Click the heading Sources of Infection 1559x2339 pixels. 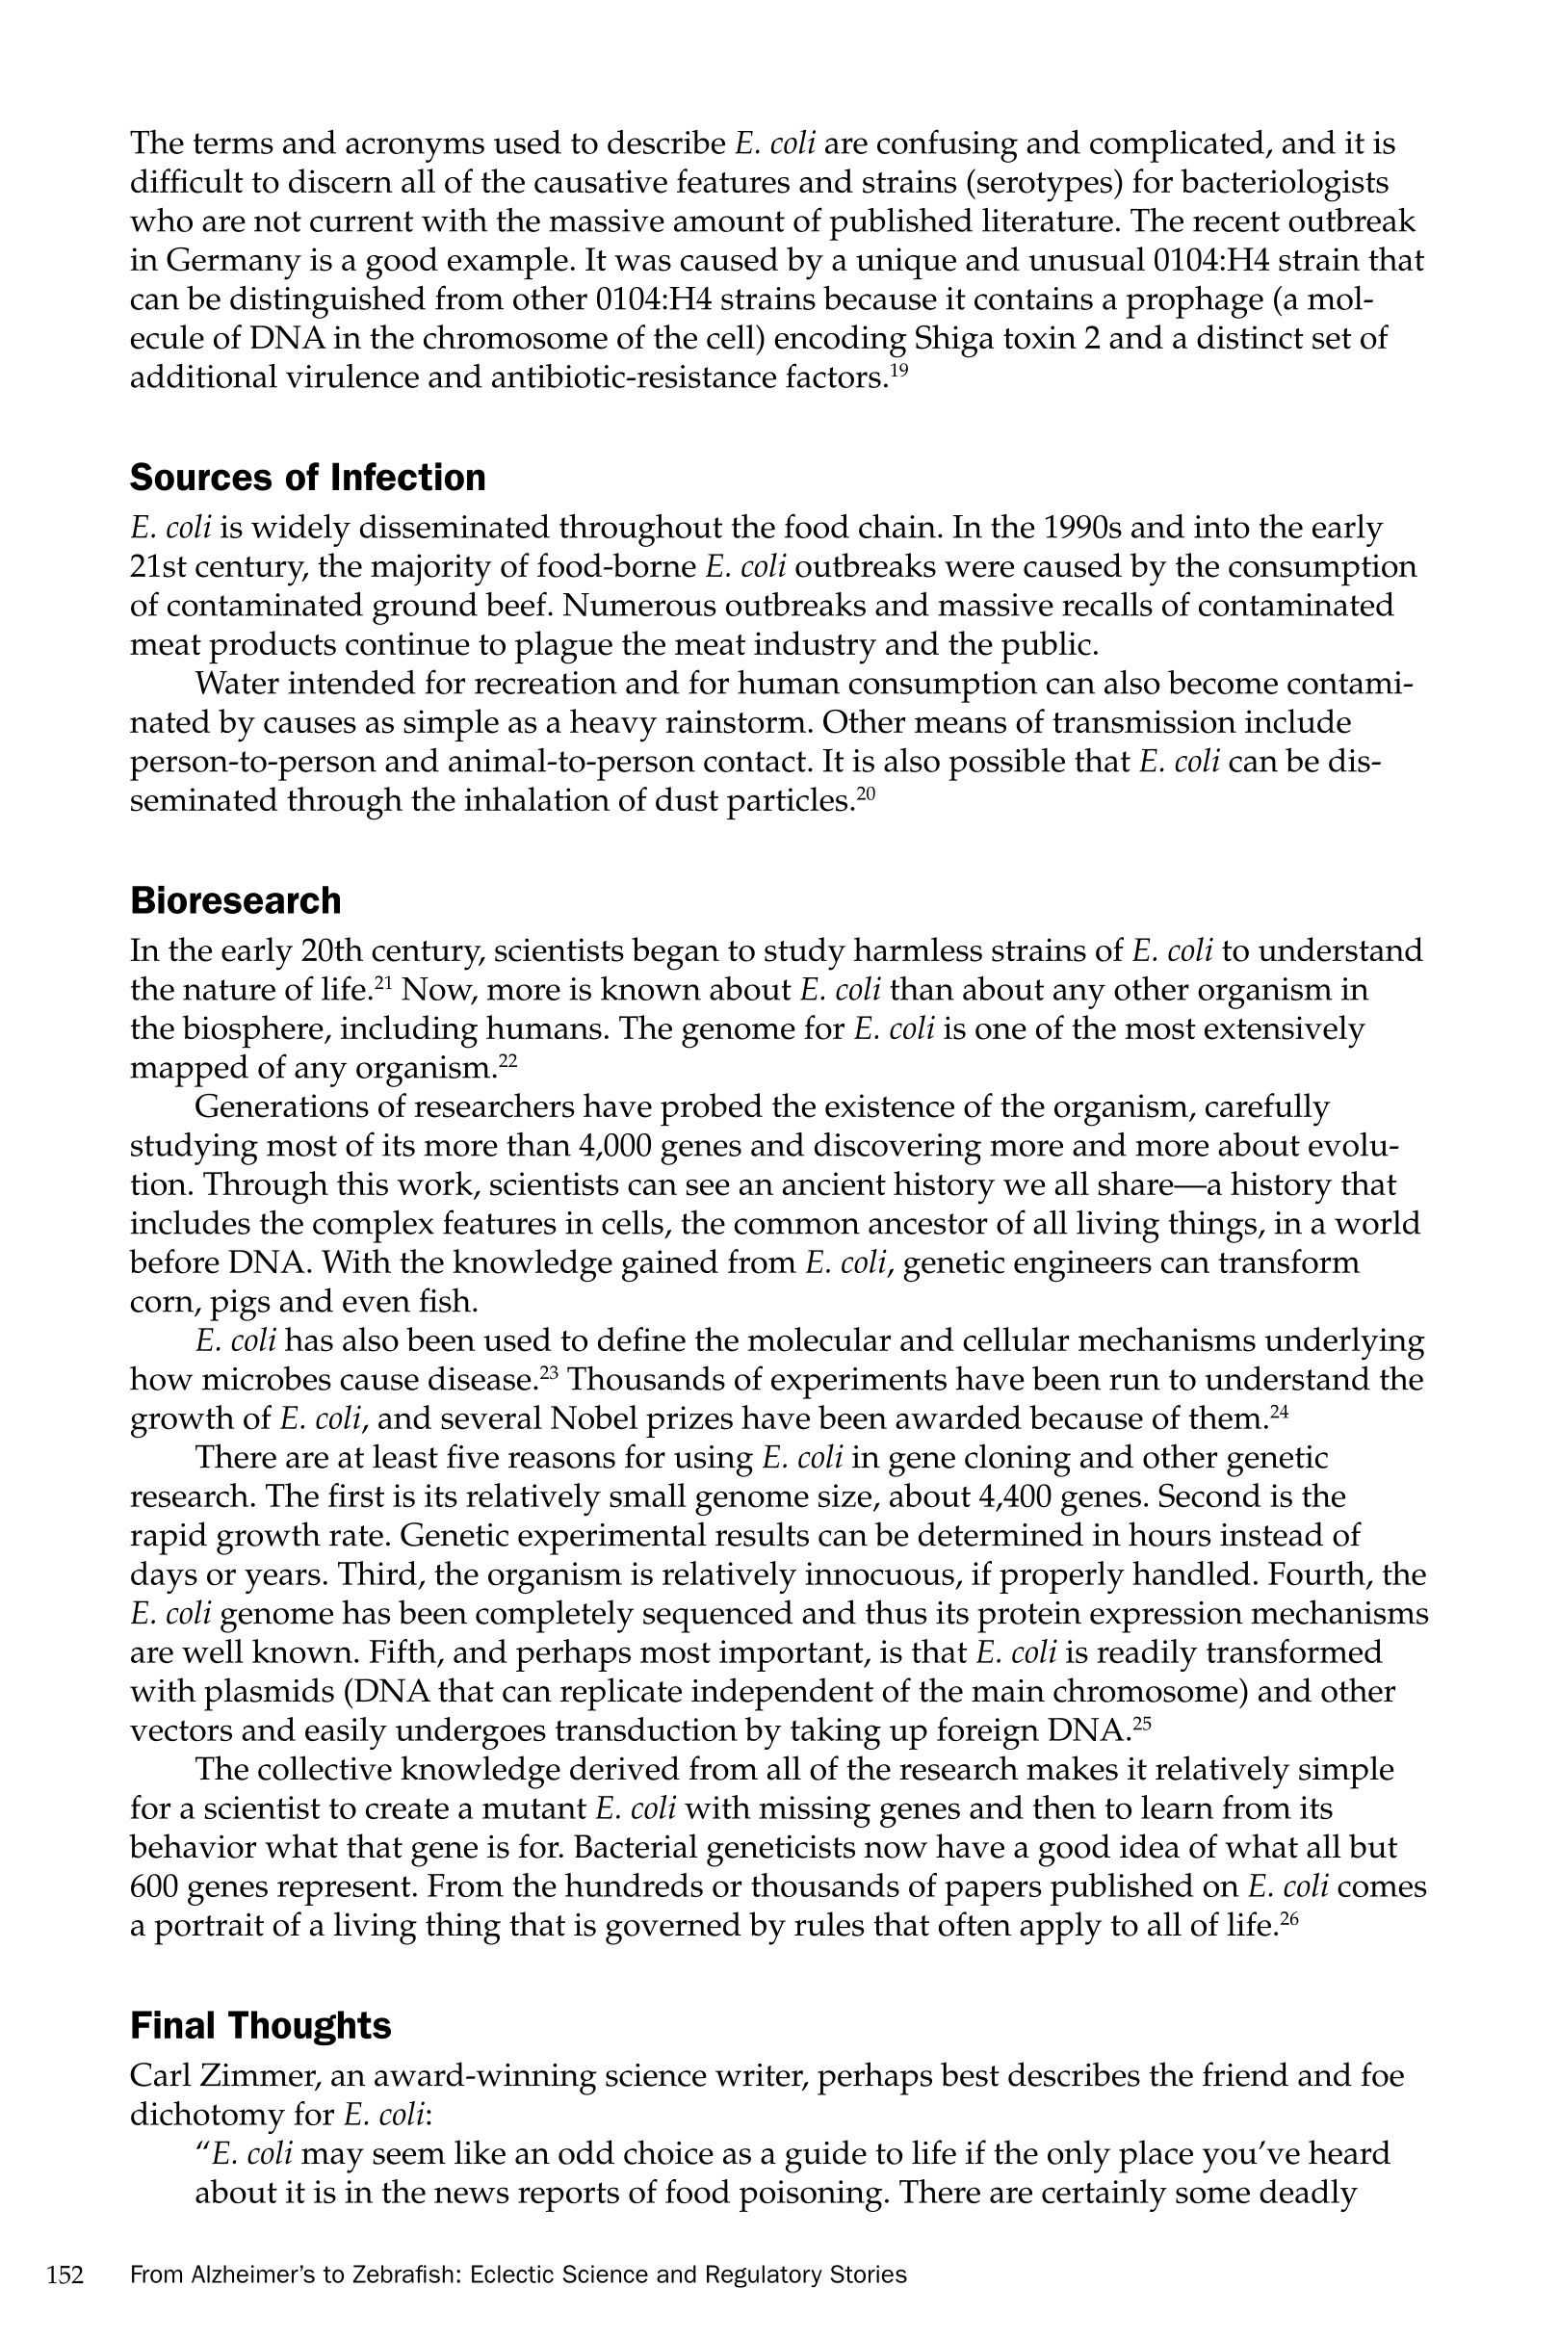tap(307, 479)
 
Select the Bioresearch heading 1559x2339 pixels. tap(235, 900)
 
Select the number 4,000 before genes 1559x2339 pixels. tap(613, 1146)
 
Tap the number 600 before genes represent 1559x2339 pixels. tap(154, 1886)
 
